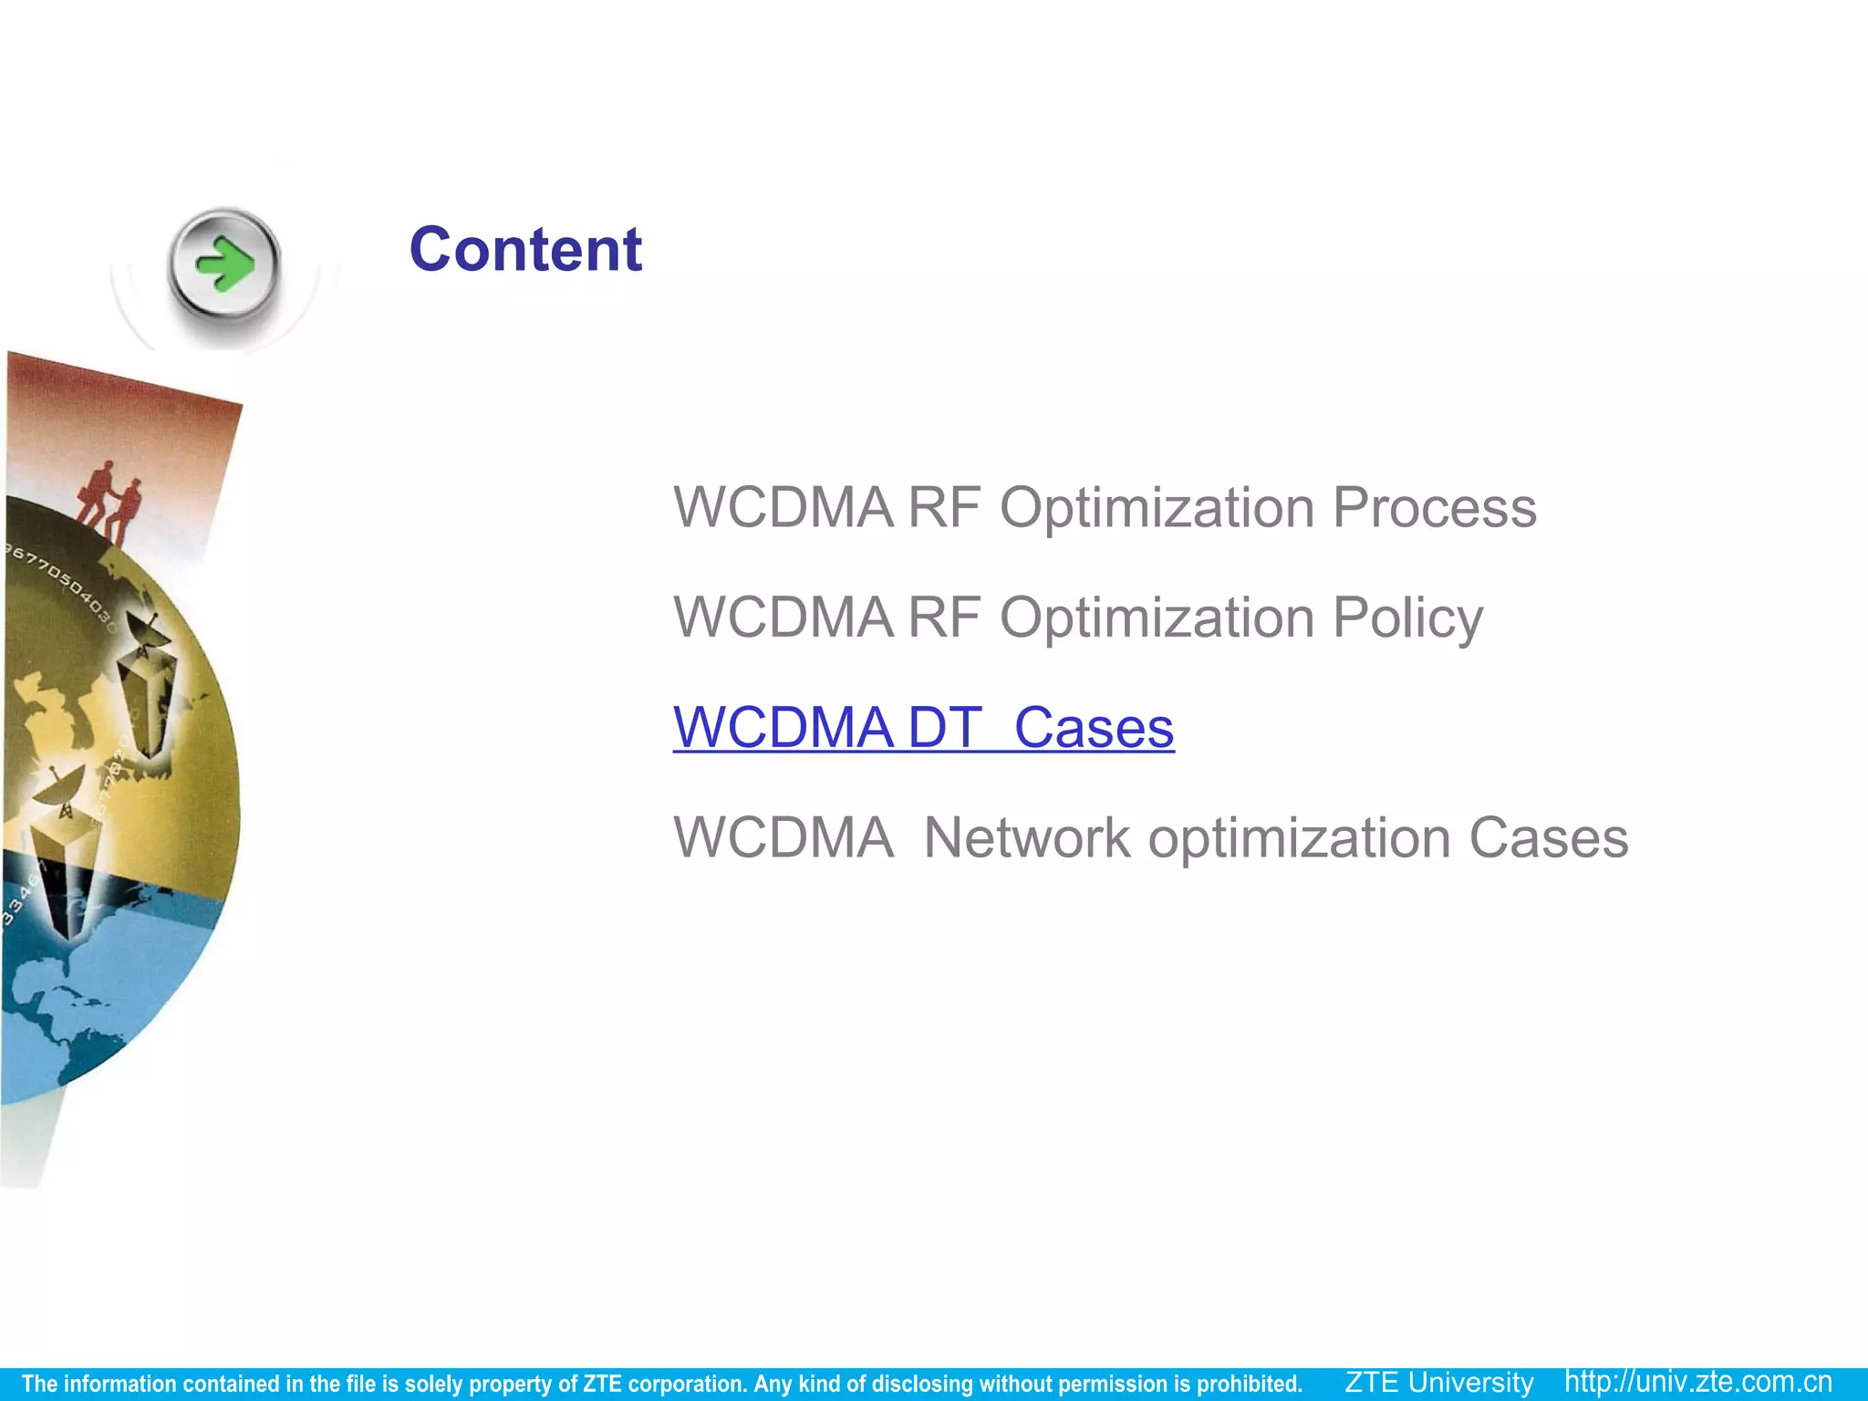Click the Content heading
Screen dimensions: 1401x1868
pos(525,250)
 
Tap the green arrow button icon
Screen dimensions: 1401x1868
pos(224,265)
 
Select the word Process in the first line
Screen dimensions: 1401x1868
pos(1434,508)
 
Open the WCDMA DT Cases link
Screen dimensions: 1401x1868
pos(923,728)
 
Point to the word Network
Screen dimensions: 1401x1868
pos(1026,838)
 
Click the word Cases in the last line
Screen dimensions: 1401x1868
pos(1548,838)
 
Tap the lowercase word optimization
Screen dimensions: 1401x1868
pos(1299,838)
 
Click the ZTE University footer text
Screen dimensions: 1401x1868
pos(1439,1383)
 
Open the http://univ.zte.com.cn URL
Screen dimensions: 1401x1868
pos(1698,1383)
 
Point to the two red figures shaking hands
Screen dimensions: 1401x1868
pos(111,500)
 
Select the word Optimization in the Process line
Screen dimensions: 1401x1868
pos(1157,508)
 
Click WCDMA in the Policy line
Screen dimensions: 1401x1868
pos(784,618)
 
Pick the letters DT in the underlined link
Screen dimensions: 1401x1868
pos(945,728)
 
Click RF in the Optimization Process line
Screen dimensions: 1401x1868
pos(944,508)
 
